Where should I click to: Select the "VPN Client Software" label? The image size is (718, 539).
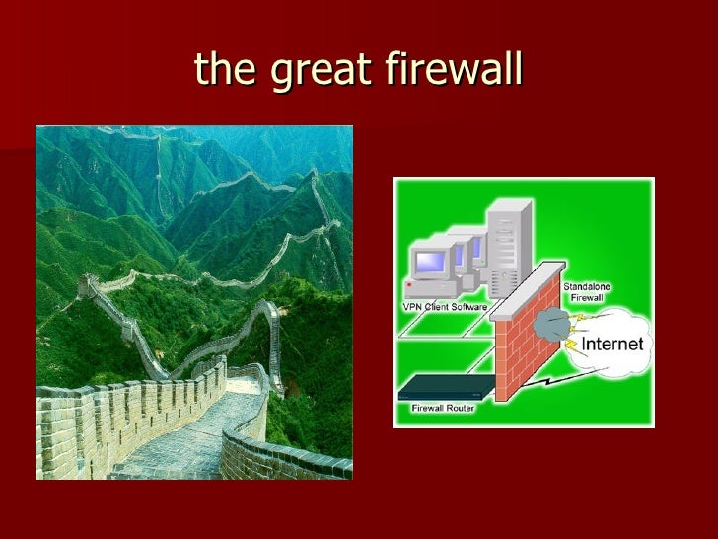point(444,306)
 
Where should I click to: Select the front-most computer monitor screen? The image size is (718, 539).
point(430,263)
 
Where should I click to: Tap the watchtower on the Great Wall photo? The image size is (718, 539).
point(88,287)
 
